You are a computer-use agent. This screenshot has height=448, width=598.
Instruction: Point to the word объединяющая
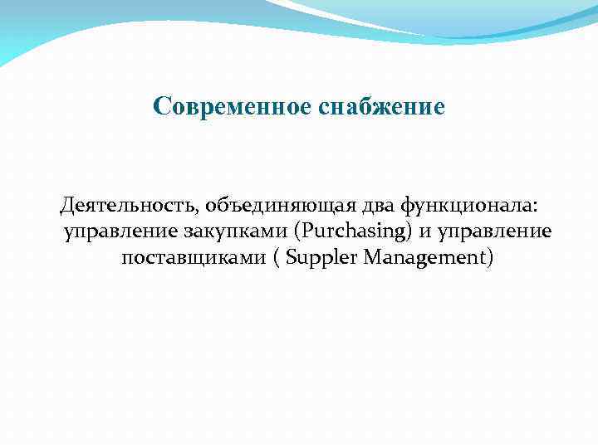(x=243, y=205)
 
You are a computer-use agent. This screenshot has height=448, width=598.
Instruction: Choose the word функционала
(x=449, y=205)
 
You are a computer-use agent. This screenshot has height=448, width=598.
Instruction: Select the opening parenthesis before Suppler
(x=275, y=259)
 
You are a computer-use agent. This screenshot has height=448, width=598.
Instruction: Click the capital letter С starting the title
(x=161, y=107)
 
